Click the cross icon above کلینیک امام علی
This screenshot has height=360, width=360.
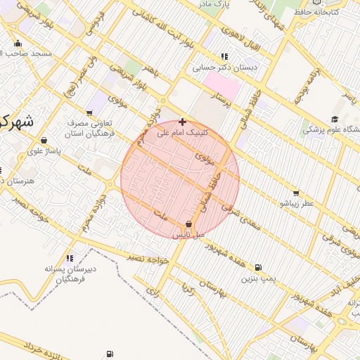182,122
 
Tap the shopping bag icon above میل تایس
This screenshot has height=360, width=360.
188,224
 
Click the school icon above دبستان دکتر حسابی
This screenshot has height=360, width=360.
224,56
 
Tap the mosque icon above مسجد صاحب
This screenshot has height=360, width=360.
18,43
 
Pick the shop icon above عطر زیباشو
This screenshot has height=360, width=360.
295,193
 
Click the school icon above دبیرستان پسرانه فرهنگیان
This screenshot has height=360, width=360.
69,258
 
